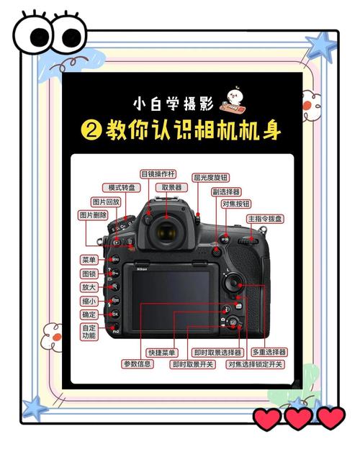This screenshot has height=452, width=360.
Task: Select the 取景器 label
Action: click(172, 187)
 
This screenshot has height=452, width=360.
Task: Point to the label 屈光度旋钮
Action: click(210, 177)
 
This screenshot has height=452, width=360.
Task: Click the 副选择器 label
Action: click(227, 192)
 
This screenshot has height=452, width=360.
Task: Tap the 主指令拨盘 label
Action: click(265, 218)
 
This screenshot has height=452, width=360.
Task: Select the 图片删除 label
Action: click(94, 215)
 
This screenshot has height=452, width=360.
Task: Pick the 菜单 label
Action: click(89, 259)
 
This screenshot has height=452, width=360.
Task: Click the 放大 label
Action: click(89, 287)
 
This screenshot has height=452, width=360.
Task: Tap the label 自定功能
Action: click(89, 332)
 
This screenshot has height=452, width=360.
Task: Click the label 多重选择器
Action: click(269, 353)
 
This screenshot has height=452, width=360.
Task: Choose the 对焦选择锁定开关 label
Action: click(256, 364)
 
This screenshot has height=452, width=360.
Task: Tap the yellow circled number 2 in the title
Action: click(90, 131)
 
